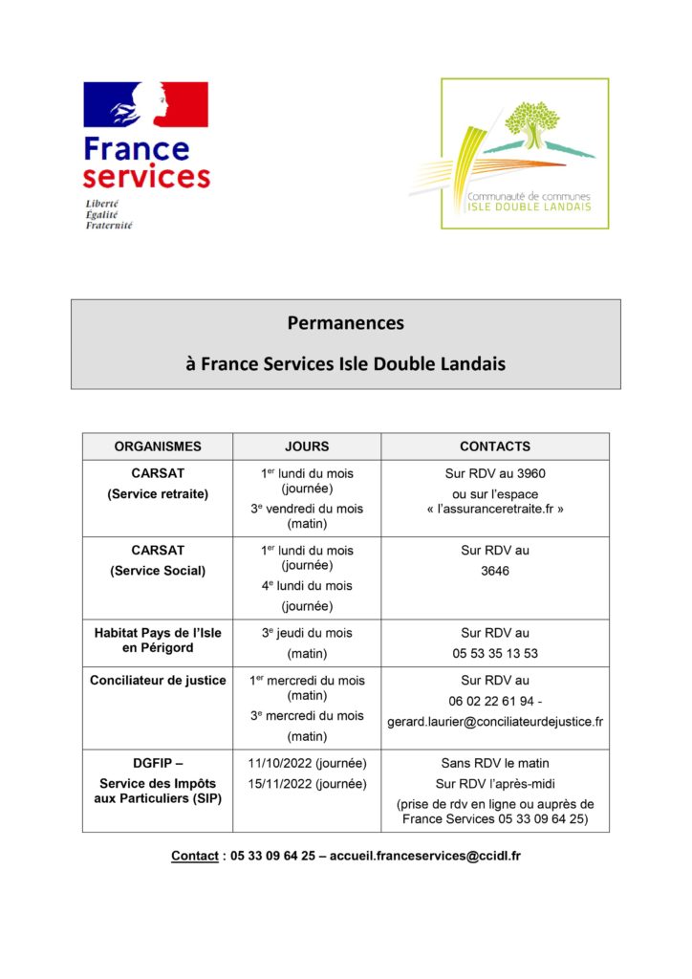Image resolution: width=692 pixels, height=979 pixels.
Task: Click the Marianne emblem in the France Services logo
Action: tap(145, 105)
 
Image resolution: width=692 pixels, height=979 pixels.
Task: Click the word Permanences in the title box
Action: tap(346, 323)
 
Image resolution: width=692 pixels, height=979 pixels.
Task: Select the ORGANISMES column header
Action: tap(158, 446)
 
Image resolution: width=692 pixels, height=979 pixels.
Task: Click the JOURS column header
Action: tap(307, 446)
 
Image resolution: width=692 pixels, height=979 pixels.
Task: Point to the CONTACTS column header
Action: tap(494, 446)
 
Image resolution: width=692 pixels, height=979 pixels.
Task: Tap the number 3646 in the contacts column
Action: tap(495, 571)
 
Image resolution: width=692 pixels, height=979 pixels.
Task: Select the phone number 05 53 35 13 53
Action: tap(495, 654)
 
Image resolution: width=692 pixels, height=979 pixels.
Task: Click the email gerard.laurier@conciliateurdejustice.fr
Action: tap(495, 722)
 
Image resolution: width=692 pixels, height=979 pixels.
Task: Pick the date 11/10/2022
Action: tap(278, 764)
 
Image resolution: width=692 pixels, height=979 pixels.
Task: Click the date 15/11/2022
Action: tap(278, 784)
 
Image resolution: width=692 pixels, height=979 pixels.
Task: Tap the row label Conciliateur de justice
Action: tap(158, 681)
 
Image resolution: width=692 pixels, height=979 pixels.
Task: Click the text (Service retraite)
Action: tap(158, 494)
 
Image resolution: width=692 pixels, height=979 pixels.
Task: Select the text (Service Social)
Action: tap(158, 571)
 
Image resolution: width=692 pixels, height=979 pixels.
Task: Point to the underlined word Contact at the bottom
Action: tap(194, 856)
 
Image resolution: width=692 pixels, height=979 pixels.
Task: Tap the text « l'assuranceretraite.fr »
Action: tap(495, 510)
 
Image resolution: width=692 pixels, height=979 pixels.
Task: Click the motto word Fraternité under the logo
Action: tap(109, 226)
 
